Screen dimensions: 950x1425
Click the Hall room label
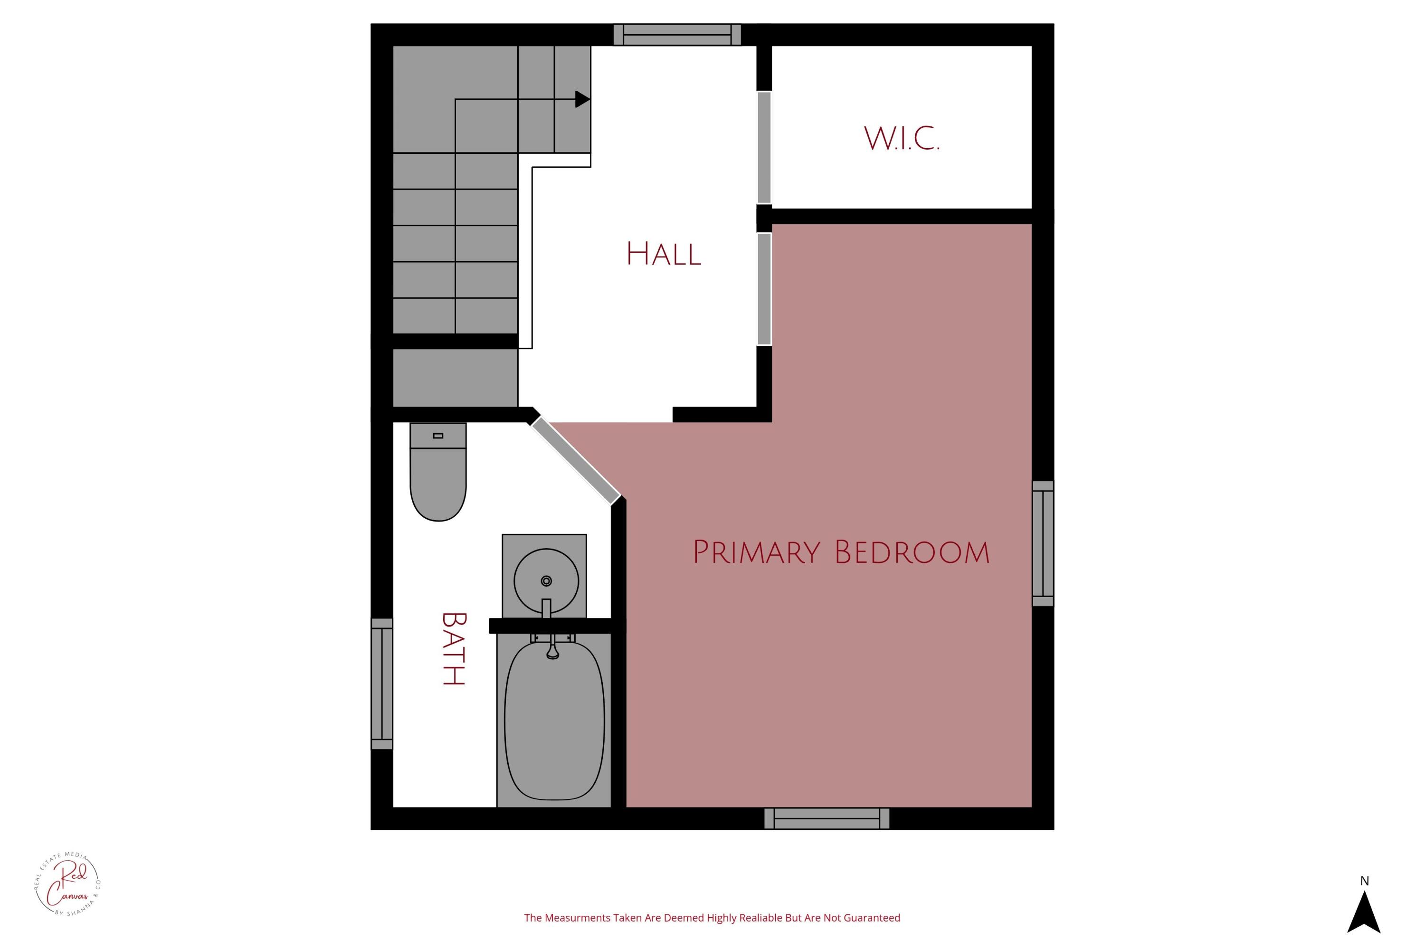pos(664,254)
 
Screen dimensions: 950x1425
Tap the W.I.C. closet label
pos(902,139)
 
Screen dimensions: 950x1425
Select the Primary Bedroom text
pos(841,552)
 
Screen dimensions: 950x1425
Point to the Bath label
pos(453,648)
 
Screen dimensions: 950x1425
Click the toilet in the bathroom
pos(438,479)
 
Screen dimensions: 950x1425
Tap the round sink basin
pos(546,580)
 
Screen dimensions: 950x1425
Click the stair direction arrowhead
pos(581,99)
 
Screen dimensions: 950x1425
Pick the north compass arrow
pos(1364,912)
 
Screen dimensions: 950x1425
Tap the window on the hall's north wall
pos(677,35)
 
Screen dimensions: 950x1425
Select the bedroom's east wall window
pos(1043,543)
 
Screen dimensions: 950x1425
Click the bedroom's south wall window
pos(826,818)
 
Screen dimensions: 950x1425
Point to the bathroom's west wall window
pos(382,684)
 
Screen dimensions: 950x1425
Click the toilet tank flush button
pos(438,436)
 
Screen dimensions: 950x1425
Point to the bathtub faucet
pos(552,649)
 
